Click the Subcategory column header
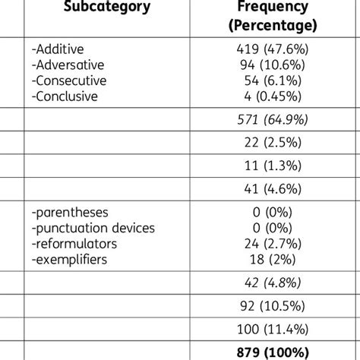point(106,8)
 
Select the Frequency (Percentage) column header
point(271,16)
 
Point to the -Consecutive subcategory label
point(69,80)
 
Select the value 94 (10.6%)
point(271,64)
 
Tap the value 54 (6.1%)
point(271,80)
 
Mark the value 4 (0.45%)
point(271,96)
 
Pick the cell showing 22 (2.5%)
point(271,142)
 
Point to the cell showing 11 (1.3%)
point(271,164)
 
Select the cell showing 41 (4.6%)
point(271,187)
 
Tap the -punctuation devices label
point(93,228)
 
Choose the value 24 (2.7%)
point(271,244)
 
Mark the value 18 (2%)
point(271,260)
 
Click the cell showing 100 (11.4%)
point(271,328)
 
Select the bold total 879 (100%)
point(271,352)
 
